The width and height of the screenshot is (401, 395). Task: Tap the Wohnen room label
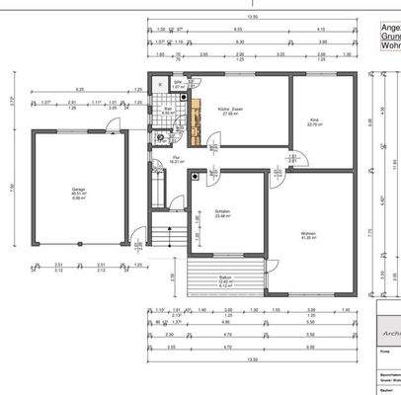308,235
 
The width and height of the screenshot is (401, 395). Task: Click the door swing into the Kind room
293,160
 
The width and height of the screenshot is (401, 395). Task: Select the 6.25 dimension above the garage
79,91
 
